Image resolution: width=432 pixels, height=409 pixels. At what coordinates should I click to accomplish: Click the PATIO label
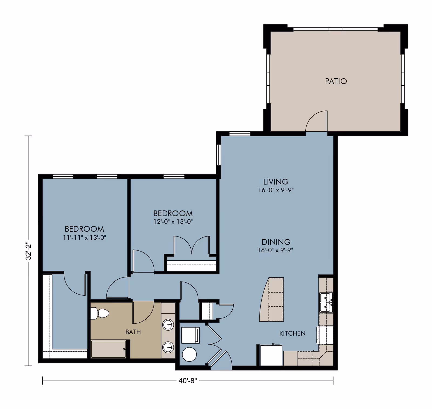[336, 81]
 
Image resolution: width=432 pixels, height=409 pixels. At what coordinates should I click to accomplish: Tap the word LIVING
[276, 182]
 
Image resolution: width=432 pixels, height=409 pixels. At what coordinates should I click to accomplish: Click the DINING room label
[276, 242]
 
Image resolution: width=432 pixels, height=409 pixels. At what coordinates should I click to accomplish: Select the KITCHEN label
[292, 333]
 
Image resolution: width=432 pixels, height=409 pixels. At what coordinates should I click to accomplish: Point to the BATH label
[133, 332]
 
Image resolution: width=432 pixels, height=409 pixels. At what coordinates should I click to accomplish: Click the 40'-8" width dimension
[188, 381]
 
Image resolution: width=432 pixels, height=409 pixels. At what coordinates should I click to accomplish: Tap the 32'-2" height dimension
[29, 251]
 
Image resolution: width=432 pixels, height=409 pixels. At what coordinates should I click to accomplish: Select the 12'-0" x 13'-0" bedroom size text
[173, 222]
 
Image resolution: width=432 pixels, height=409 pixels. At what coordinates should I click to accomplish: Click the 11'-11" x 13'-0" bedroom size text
[85, 238]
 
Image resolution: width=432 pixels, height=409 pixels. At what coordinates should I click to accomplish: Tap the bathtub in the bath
[108, 349]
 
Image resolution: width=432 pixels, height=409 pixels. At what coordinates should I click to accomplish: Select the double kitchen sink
[326, 303]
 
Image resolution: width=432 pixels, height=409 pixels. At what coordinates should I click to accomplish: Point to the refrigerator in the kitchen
[271, 355]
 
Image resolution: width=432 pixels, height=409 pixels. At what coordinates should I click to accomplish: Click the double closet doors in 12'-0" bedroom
[192, 245]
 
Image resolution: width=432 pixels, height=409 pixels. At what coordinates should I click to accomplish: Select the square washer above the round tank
[190, 335]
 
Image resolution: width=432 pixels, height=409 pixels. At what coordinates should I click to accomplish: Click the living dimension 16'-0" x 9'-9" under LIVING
[276, 190]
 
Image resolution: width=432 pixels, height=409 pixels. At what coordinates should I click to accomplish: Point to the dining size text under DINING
[275, 250]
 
